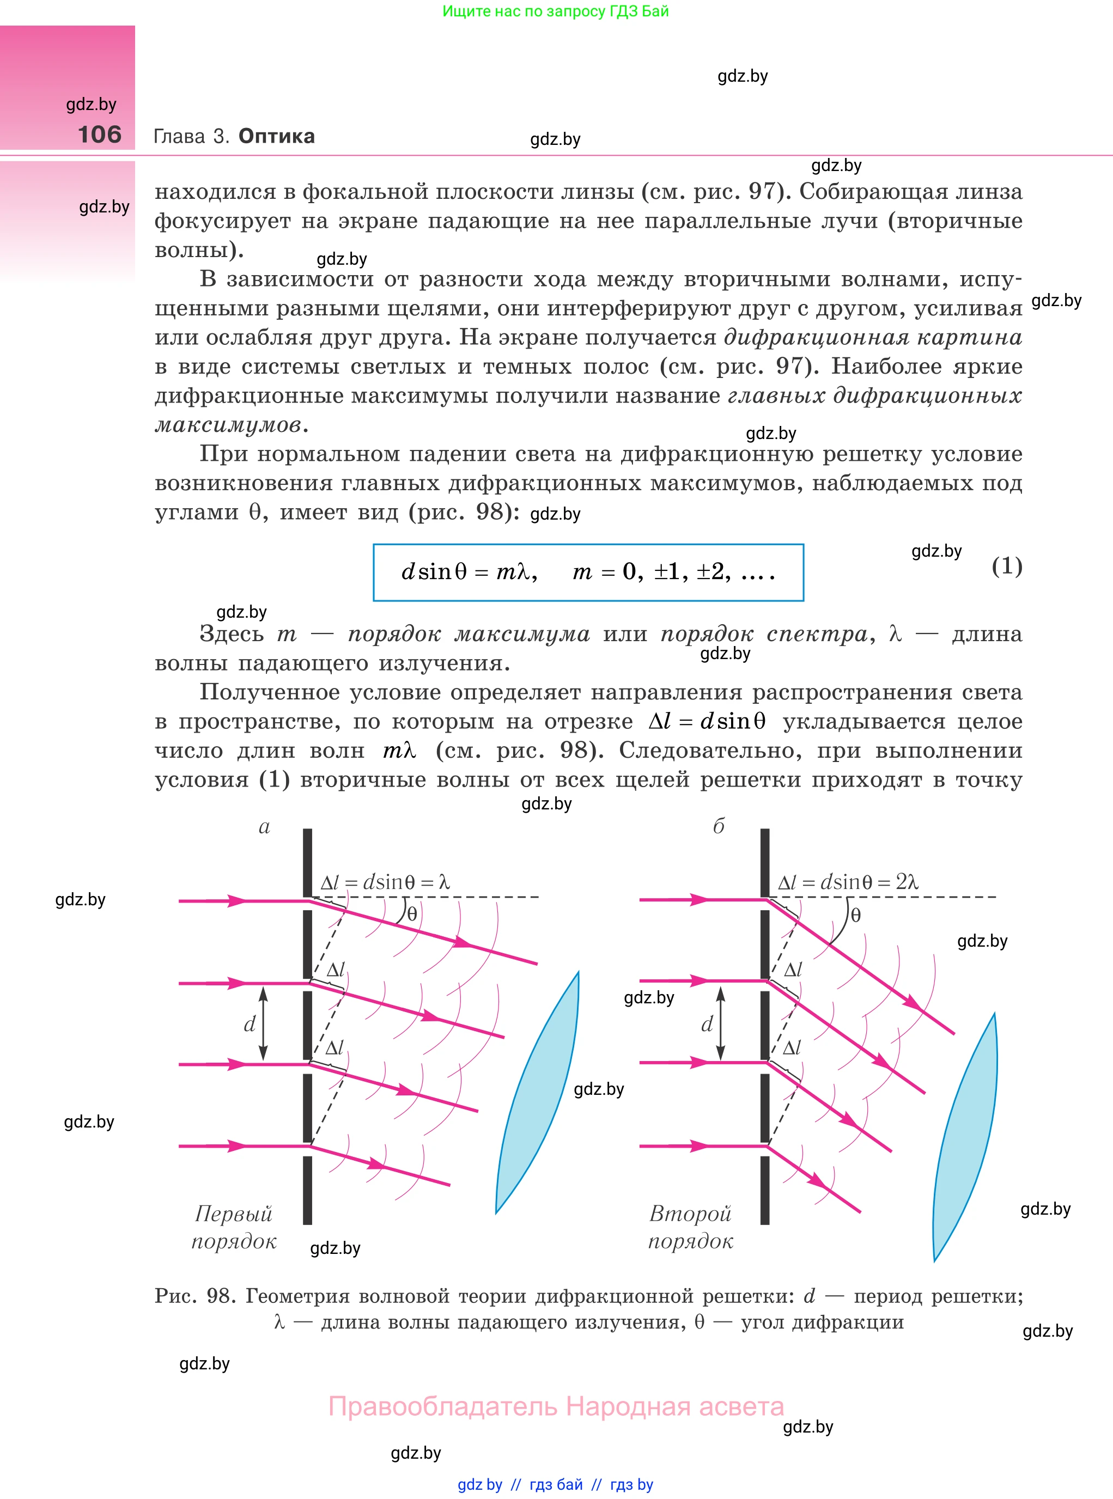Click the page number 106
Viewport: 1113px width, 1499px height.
100,134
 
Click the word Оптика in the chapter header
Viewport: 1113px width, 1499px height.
276,136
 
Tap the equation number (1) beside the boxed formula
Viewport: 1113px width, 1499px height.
1007,566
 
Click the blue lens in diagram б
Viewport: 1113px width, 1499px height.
965,1138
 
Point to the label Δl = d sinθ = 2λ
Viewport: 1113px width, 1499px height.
848,882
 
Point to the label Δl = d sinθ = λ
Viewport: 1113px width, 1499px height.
385,882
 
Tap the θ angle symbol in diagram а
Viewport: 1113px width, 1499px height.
412,913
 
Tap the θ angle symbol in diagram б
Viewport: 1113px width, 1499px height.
856,915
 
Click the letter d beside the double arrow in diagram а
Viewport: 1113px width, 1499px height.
250,1024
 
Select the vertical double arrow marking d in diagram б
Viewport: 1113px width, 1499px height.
720,1023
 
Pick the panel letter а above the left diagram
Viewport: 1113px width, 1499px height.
264,827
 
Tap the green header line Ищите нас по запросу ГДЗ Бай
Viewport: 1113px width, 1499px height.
555,11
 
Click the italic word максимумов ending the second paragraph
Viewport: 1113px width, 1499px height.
228,424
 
